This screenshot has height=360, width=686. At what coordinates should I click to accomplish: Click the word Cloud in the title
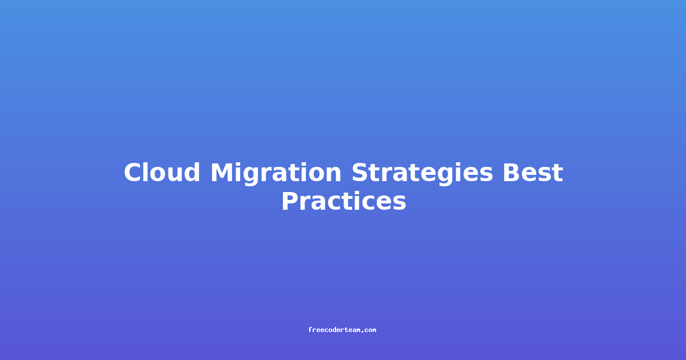(x=162, y=172)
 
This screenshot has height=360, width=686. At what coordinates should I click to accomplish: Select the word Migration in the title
(x=276, y=174)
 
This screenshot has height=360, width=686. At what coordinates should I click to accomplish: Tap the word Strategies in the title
(x=422, y=174)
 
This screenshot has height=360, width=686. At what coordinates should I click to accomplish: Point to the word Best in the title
(x=533, y=173)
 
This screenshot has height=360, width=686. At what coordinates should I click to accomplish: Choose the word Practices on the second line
(x=344, y=201)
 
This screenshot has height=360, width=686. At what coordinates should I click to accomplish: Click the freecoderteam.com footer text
(x=342, y=330)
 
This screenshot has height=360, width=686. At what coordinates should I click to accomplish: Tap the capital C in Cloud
(x=134, y=173)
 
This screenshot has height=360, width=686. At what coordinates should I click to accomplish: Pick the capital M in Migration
(x=222, y=173)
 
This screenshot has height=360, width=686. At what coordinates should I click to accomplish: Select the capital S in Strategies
(x=361, y=173)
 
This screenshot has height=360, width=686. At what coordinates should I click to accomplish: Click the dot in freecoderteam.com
(x=362, y=332)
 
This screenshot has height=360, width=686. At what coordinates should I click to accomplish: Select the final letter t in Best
(x=557, y=173)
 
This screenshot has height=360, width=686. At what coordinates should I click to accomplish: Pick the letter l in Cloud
(x=149, y=172)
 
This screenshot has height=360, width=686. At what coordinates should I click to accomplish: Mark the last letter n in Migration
(x=333, y=175)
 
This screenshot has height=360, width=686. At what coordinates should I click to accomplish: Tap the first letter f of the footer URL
(x=310, y=330)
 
